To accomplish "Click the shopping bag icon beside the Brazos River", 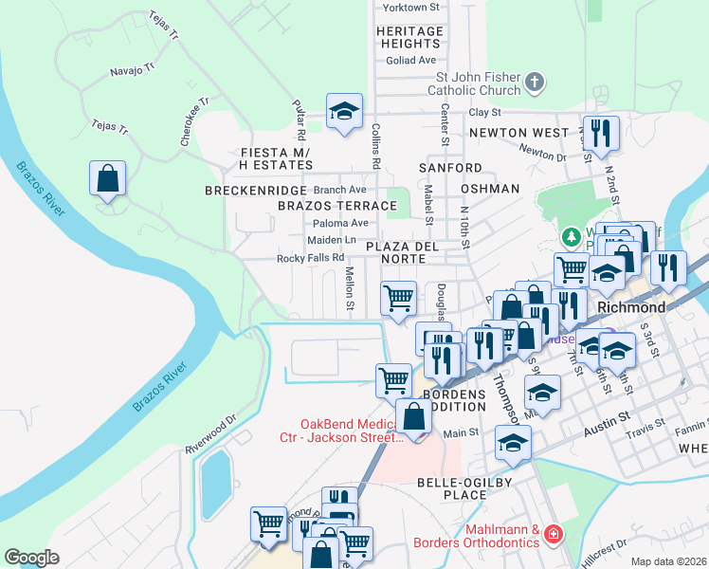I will [108, 177].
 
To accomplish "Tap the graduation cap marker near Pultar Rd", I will [345, 111].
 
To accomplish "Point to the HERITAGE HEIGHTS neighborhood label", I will [409, 38].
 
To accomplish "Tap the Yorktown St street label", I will [411, 7].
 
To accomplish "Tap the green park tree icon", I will [571, 235].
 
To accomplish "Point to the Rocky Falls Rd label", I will [310, 258].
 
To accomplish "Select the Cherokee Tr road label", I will [195, 121].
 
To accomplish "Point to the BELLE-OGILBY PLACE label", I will [465, 488].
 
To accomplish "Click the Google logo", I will [31, 558].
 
